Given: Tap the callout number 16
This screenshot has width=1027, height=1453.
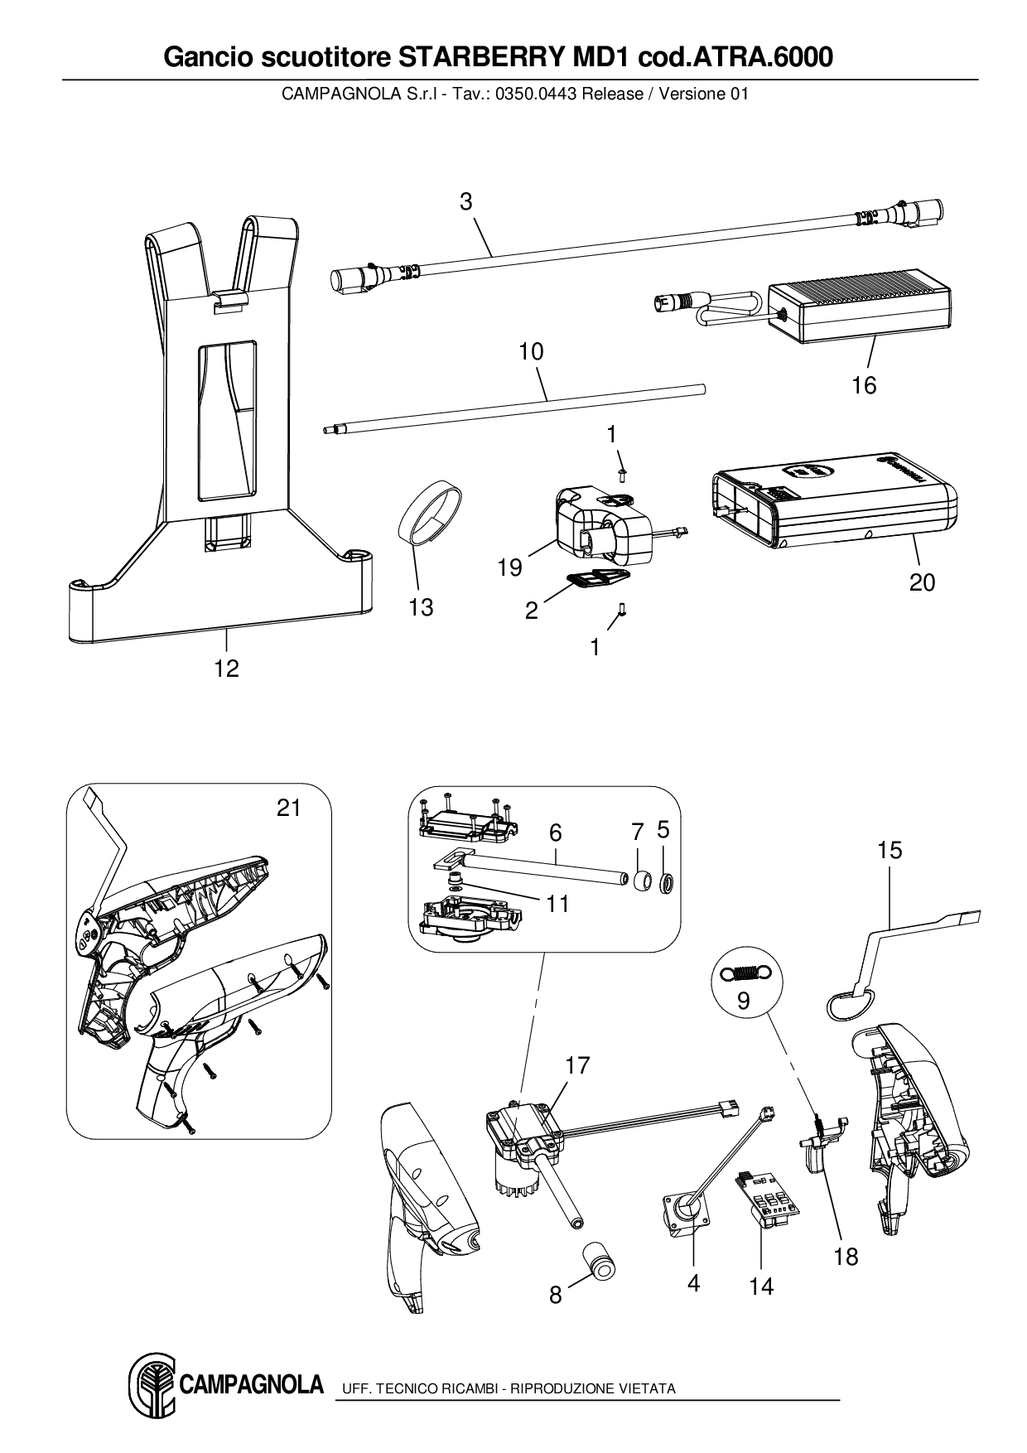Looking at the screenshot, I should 864,385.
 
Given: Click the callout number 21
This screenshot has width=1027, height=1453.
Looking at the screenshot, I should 288,808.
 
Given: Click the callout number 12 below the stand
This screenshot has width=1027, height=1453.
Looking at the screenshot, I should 226,669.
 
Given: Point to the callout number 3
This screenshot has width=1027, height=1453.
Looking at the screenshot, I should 466,201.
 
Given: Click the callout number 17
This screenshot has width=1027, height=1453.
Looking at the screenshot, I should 577,1064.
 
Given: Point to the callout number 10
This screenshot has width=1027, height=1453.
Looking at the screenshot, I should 531,351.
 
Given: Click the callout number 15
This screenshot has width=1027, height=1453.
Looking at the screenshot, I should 890,850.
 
